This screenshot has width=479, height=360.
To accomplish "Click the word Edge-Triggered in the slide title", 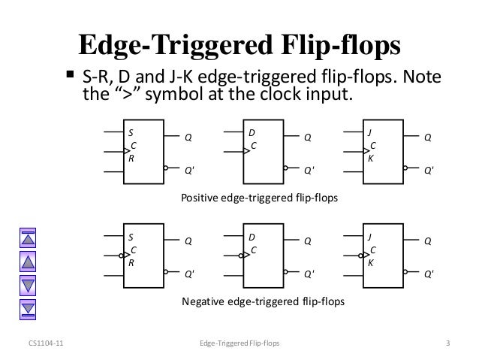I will [175, 44].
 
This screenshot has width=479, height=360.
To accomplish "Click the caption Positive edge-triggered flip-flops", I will [260, 198].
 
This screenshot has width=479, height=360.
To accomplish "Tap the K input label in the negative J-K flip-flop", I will [370, 263].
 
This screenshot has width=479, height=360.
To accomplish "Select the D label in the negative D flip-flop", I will [252, 237].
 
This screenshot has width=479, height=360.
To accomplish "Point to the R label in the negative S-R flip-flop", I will [131, 263].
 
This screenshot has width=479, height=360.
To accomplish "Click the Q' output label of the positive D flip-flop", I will [309, 171].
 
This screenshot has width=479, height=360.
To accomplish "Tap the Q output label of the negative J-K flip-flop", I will [427, 242].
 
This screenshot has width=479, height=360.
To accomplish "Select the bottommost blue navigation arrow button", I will [28, 308].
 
